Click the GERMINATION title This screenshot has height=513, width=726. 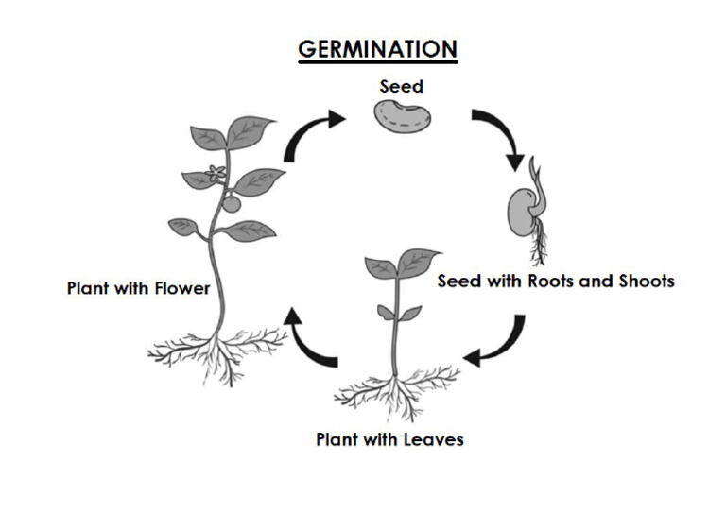(377, 49)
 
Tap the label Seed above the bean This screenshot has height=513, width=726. (402, 86)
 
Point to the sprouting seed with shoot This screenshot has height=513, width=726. (526, 211)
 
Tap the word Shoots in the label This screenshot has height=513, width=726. (644, 281)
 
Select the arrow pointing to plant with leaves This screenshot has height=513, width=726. (497, 342)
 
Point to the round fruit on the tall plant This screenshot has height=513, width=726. (231, 203)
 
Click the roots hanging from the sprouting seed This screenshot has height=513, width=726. (540, 248)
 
